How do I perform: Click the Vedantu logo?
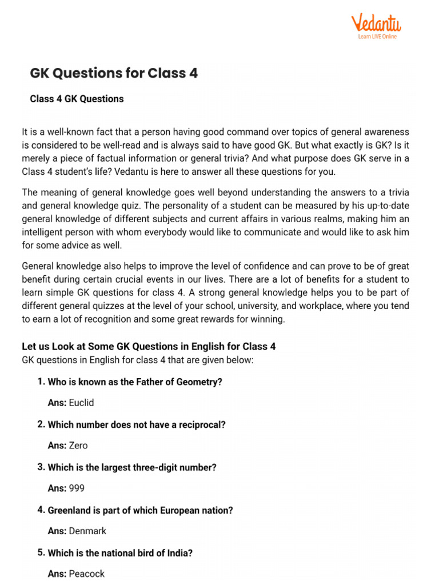tap(376, 25)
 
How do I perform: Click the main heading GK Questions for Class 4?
tap(114, 74)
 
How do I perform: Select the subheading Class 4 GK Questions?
tap(77, 99)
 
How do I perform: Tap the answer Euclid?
tap(81, 403)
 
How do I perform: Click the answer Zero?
tap(78, 445)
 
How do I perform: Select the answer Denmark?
tap(87, 531)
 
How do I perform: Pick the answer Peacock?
tap(86, 573)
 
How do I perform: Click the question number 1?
tap(41, 382)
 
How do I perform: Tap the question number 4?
tap(41, 510)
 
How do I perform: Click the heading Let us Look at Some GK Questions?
tap(149, 347)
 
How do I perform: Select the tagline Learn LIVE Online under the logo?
tap(377, 37)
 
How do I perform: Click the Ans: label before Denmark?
tap(57, 531)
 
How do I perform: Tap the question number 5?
tap(41, 552)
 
